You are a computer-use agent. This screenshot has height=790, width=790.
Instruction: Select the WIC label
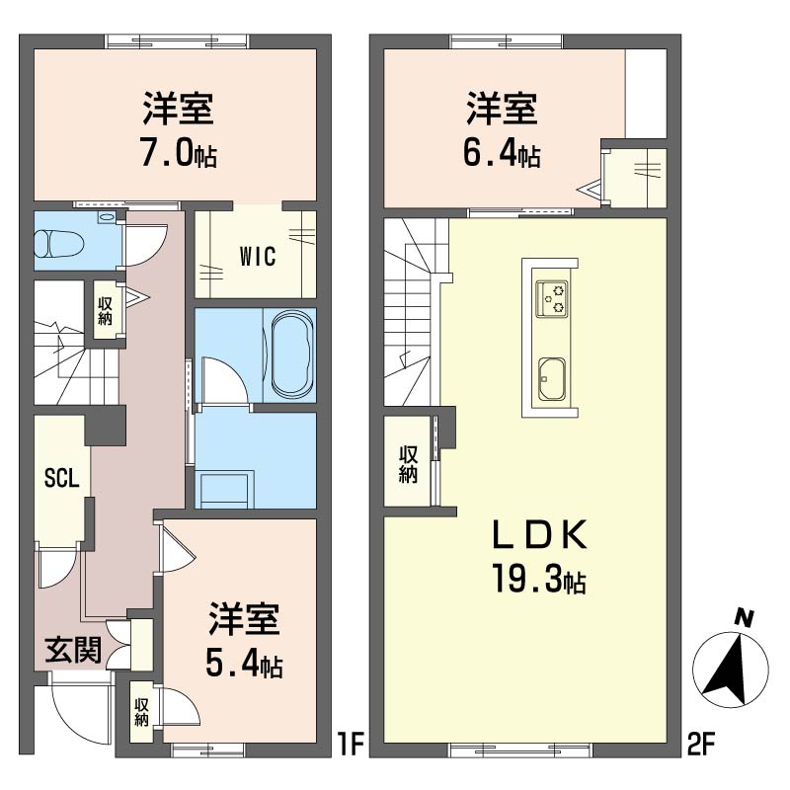[x=258, y=256]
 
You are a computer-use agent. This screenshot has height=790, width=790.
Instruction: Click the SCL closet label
[x=62, y=478]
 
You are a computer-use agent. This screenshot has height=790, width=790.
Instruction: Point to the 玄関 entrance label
[x=73, y=650]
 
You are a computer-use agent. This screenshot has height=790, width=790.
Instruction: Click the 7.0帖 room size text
[x=179, y=154]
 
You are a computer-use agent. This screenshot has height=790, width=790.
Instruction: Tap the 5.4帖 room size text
[x=244, y=665]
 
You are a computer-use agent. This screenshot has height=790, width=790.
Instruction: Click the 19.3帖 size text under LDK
[x=539, y=580]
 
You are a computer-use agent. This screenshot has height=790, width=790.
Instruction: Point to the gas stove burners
[x=552, y=299]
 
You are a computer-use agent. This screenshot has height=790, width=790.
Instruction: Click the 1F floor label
[x=351, y=745]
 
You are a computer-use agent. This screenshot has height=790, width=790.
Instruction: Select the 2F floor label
[x=701, y=745]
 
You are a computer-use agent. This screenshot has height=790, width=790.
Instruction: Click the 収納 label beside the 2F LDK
[x=408, y=464]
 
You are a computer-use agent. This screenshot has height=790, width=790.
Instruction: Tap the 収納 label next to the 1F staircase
[x=105, y=311]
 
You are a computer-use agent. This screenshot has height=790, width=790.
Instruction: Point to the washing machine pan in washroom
[x=225, y=490]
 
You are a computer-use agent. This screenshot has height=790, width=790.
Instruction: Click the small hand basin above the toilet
[x=107, y=217]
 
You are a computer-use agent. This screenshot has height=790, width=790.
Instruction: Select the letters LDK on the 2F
[x=539, y=534]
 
